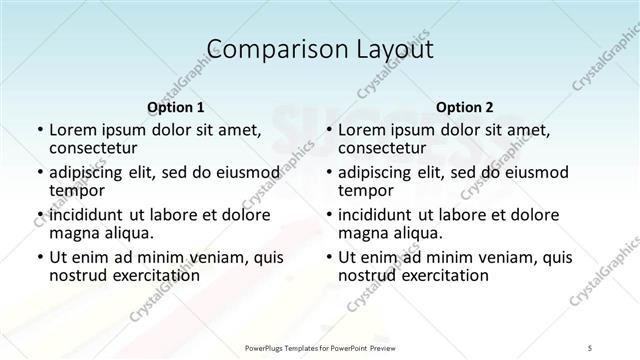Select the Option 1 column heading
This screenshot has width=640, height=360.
tap(175, 106)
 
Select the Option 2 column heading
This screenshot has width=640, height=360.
tap(465, 106)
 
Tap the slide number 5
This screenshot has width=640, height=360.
tap(590, 347)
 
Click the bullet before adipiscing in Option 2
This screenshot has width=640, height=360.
tap(328, 173)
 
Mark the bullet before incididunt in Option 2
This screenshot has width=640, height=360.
tap(328, 215)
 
